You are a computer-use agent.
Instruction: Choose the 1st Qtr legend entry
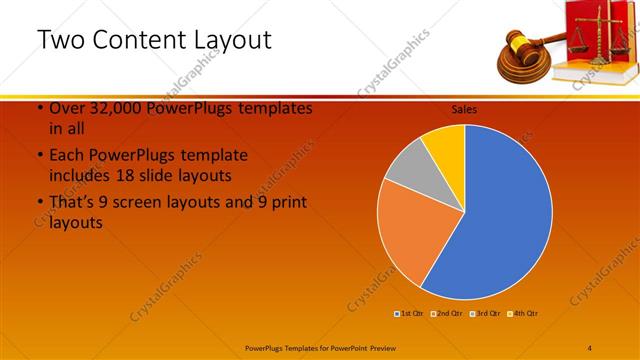pyautogui.click(x=411, y=314)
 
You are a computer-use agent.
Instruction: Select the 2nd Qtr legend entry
pyautogui.click(x=447, y=314)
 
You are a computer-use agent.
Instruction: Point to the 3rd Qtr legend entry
pyautogui.click(x=486, y=314)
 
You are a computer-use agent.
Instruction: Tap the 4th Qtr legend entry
pyautogui.click(x=524, y=314)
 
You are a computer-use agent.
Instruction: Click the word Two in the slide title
pyautogui.click(x=60, y=41)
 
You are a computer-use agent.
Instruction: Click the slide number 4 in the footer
pyautogui.click(x=590, y=347)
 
